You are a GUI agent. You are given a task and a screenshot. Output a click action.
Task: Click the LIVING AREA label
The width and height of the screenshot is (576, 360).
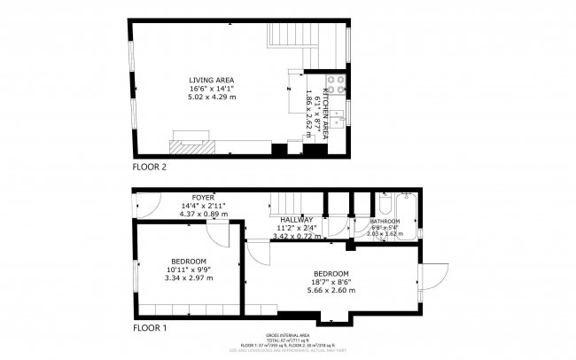point(212,80)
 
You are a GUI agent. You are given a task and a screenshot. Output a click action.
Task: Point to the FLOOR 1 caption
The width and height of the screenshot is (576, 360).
point(149,327)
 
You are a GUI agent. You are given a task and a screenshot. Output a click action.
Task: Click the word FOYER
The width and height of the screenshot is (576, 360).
point(204,197)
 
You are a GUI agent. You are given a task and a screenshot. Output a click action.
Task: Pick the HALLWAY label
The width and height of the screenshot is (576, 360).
point(296,220)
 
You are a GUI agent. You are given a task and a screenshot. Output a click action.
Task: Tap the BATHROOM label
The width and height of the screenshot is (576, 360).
point(385,221)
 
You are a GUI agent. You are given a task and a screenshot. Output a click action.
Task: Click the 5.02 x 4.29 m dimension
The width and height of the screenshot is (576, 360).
point(212,97)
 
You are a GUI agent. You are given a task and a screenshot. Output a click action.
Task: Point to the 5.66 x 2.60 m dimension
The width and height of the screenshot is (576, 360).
point(331,290)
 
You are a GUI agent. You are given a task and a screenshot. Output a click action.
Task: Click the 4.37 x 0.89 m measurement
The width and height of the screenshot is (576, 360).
point(204,214)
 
